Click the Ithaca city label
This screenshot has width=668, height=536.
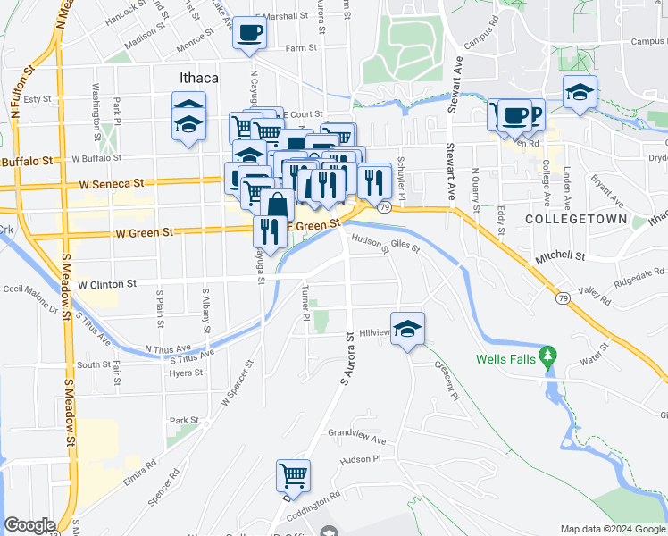coord(194,78)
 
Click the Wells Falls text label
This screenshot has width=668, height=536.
coord(506,360)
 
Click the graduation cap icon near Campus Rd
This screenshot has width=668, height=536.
coord(580,92)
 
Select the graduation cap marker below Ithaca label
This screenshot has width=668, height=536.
coord(188,127)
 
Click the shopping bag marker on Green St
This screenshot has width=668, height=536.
coord(278,205)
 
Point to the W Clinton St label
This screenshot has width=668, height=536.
coord(107,284)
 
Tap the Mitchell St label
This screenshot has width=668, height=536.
coord(559,256)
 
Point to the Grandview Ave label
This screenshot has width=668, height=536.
coord(356,440)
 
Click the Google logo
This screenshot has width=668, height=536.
coord(30,525)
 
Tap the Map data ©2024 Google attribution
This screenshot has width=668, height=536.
coord(612,529)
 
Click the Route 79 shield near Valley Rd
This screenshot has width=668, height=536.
coord(562,297)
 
